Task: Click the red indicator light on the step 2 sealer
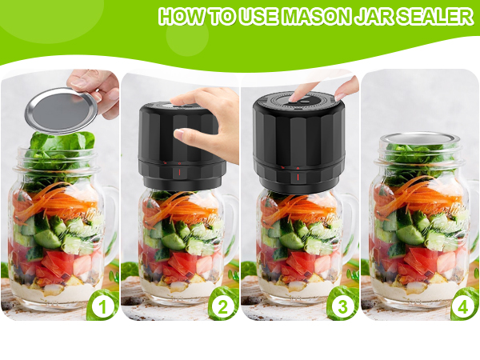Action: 179,172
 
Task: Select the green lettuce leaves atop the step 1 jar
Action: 60,148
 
